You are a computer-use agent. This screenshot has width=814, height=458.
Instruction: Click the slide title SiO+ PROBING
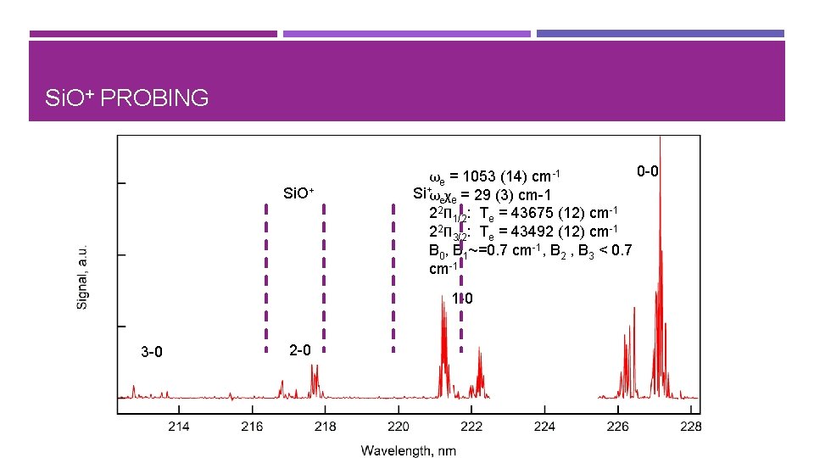click(126, 98)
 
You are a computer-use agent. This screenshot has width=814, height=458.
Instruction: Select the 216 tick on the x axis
click(252, 425)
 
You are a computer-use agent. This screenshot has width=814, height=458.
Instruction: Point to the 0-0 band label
click(648, 172)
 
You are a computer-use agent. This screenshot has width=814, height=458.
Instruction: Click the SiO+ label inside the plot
click(298, 193)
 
